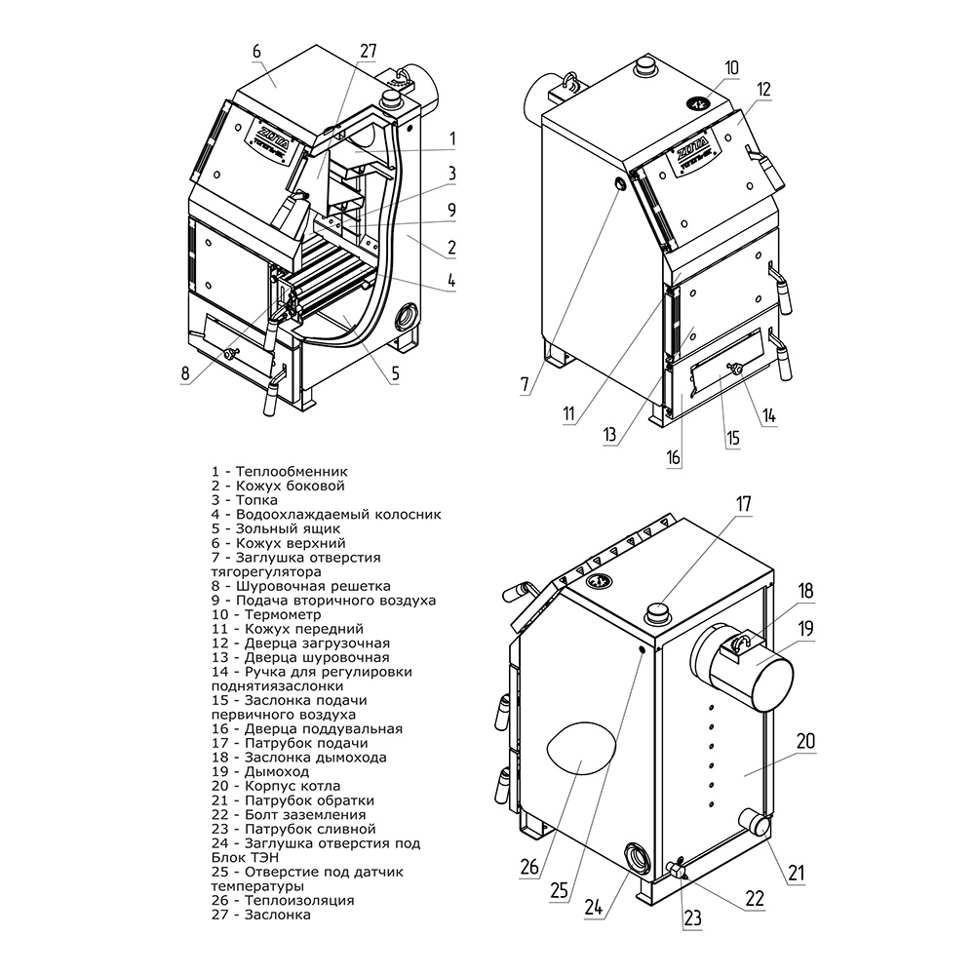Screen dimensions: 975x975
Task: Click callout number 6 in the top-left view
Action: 256,51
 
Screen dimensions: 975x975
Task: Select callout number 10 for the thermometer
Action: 731,67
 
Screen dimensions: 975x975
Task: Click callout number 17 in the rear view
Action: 744,504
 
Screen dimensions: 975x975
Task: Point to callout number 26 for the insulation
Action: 529,865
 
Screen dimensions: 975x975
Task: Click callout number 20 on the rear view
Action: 804,741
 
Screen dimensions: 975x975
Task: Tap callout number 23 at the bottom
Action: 691,916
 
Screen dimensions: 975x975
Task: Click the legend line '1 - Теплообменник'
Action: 279,471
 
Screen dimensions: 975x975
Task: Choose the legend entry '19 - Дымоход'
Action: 260,771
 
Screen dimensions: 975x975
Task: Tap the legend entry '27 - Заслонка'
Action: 260,915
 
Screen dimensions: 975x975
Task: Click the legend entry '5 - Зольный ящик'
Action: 275,528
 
